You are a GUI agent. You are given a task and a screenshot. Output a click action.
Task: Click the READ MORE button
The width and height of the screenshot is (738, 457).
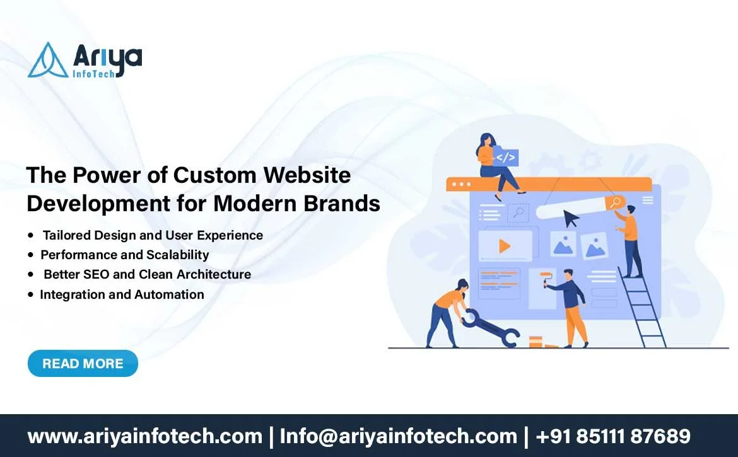tap(83, 364)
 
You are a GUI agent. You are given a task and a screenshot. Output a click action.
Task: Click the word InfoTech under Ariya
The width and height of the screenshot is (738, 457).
tap(93, 73)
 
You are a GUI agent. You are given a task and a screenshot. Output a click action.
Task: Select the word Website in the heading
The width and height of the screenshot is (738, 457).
tap(307, 175)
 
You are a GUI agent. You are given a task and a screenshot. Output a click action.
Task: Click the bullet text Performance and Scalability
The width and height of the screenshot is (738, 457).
tap(125, 255)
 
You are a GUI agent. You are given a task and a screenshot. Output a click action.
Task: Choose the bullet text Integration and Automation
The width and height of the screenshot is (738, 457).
tap(122, 294)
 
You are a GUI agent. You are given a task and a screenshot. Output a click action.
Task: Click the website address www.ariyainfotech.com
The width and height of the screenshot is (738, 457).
tap(145, 436)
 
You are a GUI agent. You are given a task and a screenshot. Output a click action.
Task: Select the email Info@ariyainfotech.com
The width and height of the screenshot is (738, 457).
tap(398, 436)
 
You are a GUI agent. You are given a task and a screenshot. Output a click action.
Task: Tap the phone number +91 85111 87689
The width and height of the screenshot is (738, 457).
tap(613, 436)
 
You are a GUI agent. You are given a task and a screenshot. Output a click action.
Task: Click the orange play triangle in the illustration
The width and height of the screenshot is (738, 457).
tap(505, 246)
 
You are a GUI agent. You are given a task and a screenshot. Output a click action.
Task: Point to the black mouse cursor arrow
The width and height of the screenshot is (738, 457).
tap(571, 219)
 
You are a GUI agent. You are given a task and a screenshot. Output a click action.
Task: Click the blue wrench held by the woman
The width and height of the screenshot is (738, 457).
tap(490, 328)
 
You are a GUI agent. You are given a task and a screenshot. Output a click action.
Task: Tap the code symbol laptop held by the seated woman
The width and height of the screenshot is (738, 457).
tap(505, 157)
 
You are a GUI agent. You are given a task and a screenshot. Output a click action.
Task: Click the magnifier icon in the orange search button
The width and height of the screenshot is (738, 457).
tap(615, 202)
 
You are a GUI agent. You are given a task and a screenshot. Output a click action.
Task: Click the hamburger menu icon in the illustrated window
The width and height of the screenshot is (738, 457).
tap(648, 200)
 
